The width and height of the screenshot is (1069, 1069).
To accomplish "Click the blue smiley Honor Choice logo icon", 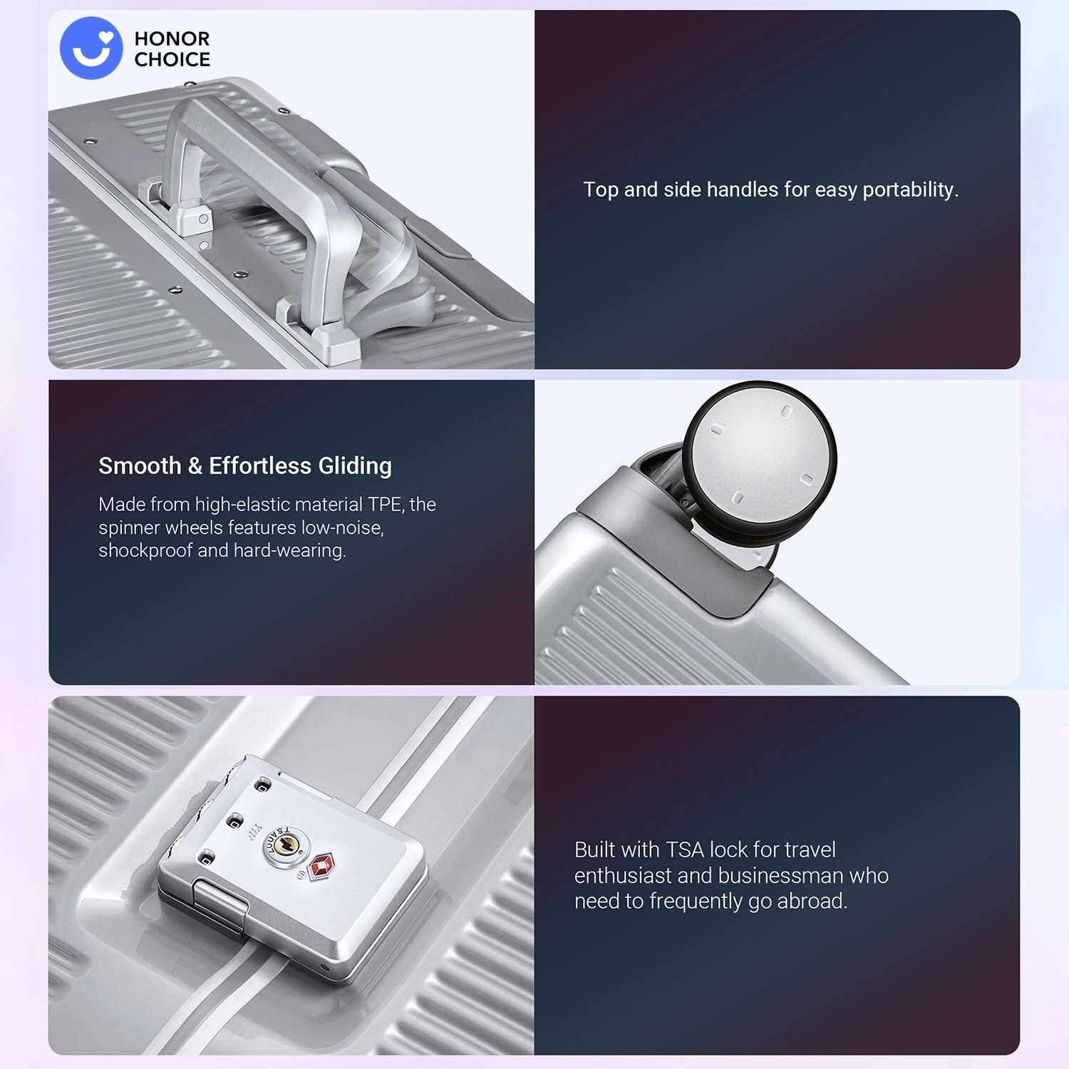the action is pyautogui.click(x=91, y=48).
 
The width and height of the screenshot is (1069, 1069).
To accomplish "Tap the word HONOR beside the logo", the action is pyautogui.click(x=172, y=38).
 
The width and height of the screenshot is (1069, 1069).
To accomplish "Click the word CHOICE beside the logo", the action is pyautogui.click(x=172, y=60).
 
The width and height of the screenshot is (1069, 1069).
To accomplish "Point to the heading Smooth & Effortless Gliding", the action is pyautogui.click(x=245, y=466).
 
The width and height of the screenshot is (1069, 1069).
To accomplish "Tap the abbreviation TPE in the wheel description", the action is pyautogui.click(x=386, y=505).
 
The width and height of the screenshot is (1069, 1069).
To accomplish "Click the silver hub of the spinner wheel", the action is pyautogui.click(x=760, y=455).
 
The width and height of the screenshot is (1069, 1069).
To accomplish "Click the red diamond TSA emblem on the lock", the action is pyautogui.click(x=321, y=866).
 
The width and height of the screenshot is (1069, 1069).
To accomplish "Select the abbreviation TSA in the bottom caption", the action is pyautogui.click(x=685, y=850).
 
